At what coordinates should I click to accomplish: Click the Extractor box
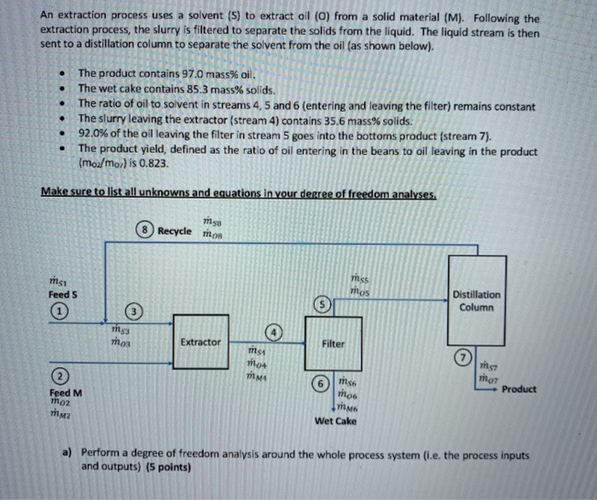click(x=200, y=342)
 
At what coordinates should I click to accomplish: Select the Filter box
click(x=333, y=345)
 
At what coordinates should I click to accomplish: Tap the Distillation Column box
click(x=477, y=301)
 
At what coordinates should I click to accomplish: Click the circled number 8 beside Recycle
click(x=147, y=230)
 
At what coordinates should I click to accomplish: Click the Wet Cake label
click(x=335, y=421)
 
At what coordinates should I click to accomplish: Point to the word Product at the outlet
click(x=519, y=389)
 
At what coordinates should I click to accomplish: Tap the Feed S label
click(x=62, y=294)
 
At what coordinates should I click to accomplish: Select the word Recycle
click(x=175, y=230)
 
